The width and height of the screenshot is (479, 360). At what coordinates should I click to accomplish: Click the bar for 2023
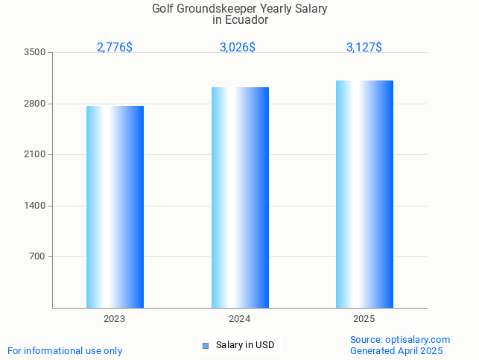click(115, 206)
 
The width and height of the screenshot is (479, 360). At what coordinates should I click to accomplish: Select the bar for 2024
click(240, 198)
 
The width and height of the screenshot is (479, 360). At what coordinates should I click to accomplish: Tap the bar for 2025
click(364, 194)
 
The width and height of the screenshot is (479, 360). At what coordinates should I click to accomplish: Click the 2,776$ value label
click(115, 48)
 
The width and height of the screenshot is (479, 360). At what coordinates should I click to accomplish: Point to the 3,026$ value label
click(238, 48)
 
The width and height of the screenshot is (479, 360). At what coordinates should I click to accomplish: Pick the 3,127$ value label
click(364, 48)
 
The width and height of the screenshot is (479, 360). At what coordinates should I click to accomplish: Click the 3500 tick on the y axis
click(34, 53)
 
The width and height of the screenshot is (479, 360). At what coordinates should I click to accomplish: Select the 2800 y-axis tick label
click(34, 104)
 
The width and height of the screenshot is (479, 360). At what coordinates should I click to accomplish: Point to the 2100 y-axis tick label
click(34, 155)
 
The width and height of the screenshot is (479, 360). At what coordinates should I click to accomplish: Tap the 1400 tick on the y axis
click(34, 206)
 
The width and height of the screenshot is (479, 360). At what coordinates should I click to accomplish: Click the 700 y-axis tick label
click(37, 257)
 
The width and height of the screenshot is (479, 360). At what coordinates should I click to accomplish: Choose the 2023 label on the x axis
click(115, 319)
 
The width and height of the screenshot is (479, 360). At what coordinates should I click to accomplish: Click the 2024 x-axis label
click(240, 319)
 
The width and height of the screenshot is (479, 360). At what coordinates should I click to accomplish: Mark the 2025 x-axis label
click(364, 319)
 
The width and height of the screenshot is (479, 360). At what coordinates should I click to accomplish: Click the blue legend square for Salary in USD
click(206, 346)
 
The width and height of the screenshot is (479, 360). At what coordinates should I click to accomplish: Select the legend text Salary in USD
click(245, 345)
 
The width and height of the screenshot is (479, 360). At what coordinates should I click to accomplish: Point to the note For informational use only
click(65, 351)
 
